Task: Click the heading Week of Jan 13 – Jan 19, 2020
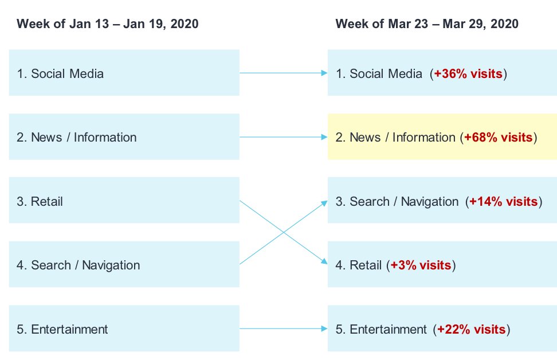tap(108, 24)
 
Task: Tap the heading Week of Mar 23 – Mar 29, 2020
tap(427, 24)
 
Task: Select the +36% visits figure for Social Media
tap(468, 73)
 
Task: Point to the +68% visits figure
tap(499, 137)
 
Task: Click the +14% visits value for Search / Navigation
tap(503, 202)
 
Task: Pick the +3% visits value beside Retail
tap(421, 265)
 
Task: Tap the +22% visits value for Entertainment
tap(472, 329)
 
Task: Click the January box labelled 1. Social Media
tap(124, 72)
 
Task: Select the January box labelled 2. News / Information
tap(124, 136)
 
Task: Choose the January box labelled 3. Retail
tap(124, 200)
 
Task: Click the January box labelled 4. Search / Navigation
tap(124, 264)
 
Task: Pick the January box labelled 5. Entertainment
tap(124, 328)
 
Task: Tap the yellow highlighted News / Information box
tap(442, 136)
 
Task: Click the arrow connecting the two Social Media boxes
tap(284, 73)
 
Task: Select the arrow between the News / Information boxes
tap(284, 137)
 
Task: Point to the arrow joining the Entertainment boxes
tap(284, 328)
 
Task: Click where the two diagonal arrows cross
tap(284, 232)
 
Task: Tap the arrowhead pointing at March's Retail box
tap(324, 261)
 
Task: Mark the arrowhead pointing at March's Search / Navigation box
tap(324, 203)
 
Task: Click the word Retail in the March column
tap(366, 265)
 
